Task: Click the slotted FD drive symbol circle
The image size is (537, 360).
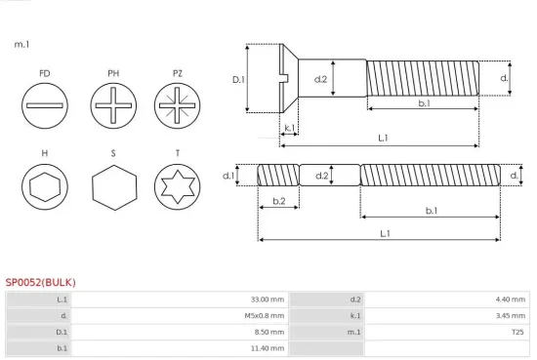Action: click(x=45, y=103)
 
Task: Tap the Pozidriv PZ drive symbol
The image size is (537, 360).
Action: click(x=177, y=103)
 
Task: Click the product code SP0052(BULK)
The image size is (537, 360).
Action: click(x=40, y=283)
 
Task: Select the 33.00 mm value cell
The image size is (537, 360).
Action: click(x=266, y=300)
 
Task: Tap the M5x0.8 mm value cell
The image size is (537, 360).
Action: click(x=264, y=316)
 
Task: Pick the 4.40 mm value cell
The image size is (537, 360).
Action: click(x=511, y=300)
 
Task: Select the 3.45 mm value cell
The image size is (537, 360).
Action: click(x=511, y=316)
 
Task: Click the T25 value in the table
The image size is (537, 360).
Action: click(x=517, y=332)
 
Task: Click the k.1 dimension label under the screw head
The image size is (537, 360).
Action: click(x=289, y=128)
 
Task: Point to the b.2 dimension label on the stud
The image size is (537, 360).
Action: click(x=278, y=201)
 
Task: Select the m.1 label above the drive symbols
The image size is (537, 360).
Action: click(x=21, y=44)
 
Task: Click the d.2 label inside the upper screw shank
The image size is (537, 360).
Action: click(x=319, y=78)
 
